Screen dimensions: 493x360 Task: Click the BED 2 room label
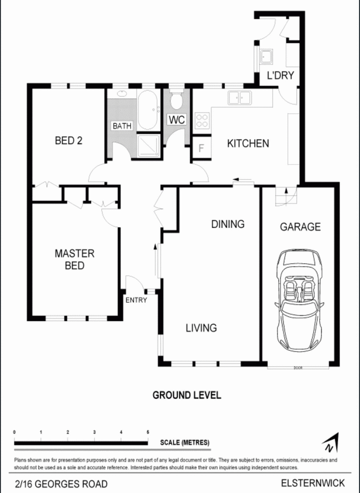[68, 141]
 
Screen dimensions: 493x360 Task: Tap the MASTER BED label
[74, 260]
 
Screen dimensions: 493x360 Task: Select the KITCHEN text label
[247, 143]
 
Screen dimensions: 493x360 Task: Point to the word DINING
[228, 224]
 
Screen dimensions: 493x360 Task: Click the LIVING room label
[201, 328]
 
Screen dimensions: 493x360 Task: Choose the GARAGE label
[300, 227]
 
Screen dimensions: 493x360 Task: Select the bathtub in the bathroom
[148, 110]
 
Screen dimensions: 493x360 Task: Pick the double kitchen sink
[239, 98]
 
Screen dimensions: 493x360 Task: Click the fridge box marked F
[201, 148]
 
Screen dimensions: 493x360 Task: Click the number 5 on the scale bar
[148, 432]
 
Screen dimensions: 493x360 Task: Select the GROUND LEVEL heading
[187, 395]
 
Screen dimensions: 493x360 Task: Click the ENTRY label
[136, 300]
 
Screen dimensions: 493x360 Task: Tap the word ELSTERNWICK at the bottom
[313, 483]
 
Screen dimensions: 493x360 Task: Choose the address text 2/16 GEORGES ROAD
[61, 484]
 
